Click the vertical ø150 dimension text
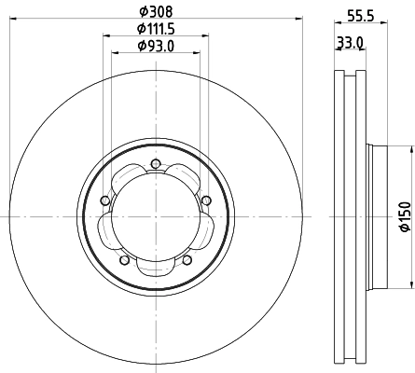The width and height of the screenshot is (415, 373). pyautogui.click(x=404, y=216)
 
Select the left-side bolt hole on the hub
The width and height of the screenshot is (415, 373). pyautogui.click(x=104, y=200)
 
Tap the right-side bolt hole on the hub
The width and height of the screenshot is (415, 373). pyautogui.click(x=205, y=199)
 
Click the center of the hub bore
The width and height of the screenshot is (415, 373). pyautogui.click(x=155, y=219)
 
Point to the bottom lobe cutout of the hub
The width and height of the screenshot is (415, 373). pyautogui.click(x=155, y=265)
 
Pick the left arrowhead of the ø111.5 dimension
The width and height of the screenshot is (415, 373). pyautogui.click(x=104, y=35)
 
